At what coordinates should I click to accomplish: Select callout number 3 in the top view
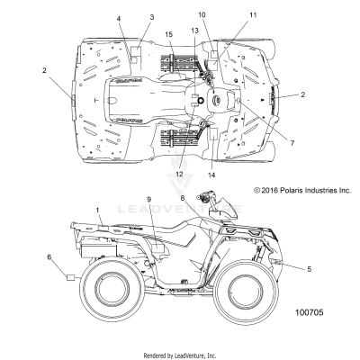pyautogui.click(x=151, y=17)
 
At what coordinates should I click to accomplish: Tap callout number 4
pyautogui.click(x=118, y=18)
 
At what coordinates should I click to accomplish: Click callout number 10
pyautogui.click(x=202, y=15)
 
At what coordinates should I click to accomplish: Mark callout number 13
pyautogui.click(x=193, y=31)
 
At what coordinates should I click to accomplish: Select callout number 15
pyautogui.click(x=168, y=34)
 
